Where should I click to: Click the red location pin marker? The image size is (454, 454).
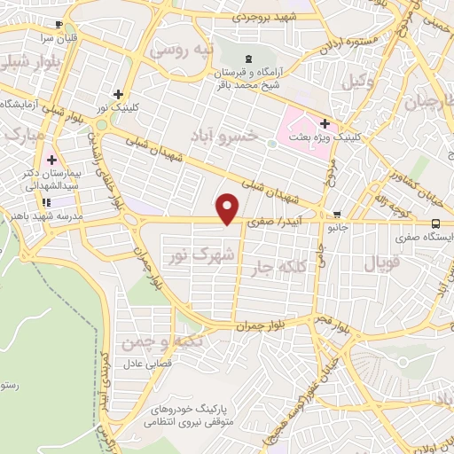pyautogui.click(x=229, y=207)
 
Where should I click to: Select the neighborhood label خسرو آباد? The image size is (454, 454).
pyautogui.click(x=225, y=136)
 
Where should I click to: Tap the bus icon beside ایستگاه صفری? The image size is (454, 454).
pyautogui.click(x=435, y=223)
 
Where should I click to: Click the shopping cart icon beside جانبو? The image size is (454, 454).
pyautogui.click(x=336, y=215)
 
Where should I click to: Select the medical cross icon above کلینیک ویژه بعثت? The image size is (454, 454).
pyautogui.click(x=325, y=122)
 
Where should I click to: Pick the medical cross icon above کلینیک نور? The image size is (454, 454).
pyautogui.click(x=118, y=94)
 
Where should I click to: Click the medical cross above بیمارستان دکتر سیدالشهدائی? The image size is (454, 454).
pyautogui.click(x=51, y=160)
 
